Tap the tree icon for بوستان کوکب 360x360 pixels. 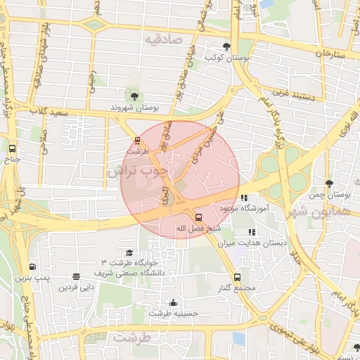pyautogui.click(x=226, y=46)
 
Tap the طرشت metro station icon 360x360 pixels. pyautogui.click(x=137, y=140)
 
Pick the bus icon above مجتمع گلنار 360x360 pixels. pyautogui.click(x=237, y=277)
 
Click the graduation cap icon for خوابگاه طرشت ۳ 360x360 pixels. pyautogui.click(x=129, y=253)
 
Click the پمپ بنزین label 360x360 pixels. pyautogui.click(x=32, y=278)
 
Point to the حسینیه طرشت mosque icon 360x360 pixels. pyautogui.click(x=174, y=302)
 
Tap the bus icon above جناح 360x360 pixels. pyautogui.click(x=12, y=148)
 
